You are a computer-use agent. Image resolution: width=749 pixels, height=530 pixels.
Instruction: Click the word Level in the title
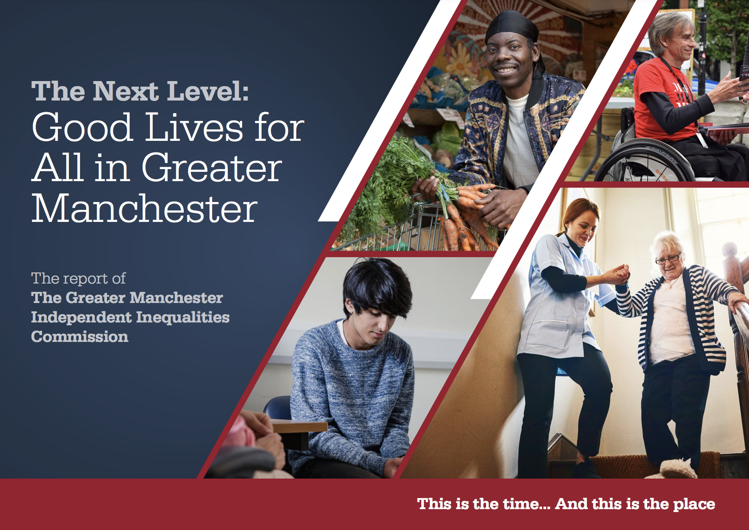207,90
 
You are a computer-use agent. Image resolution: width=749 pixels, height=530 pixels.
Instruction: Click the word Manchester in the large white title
144,208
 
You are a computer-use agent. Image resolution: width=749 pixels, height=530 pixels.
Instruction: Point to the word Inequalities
182,318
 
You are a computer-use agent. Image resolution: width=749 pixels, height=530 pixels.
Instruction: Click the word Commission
80,337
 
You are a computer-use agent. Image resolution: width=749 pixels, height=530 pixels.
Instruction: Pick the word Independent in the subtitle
81,318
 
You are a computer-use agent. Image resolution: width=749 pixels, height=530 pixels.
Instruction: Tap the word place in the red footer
694,505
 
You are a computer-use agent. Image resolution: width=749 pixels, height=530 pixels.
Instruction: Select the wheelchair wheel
643,161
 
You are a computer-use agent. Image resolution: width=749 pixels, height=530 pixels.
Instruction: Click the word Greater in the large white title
212,167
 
